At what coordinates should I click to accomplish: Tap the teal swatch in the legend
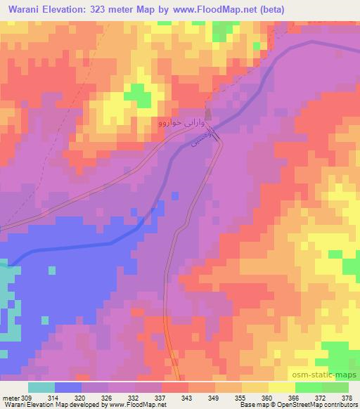coord(41,387)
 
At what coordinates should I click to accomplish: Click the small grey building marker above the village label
coord(208,114)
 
